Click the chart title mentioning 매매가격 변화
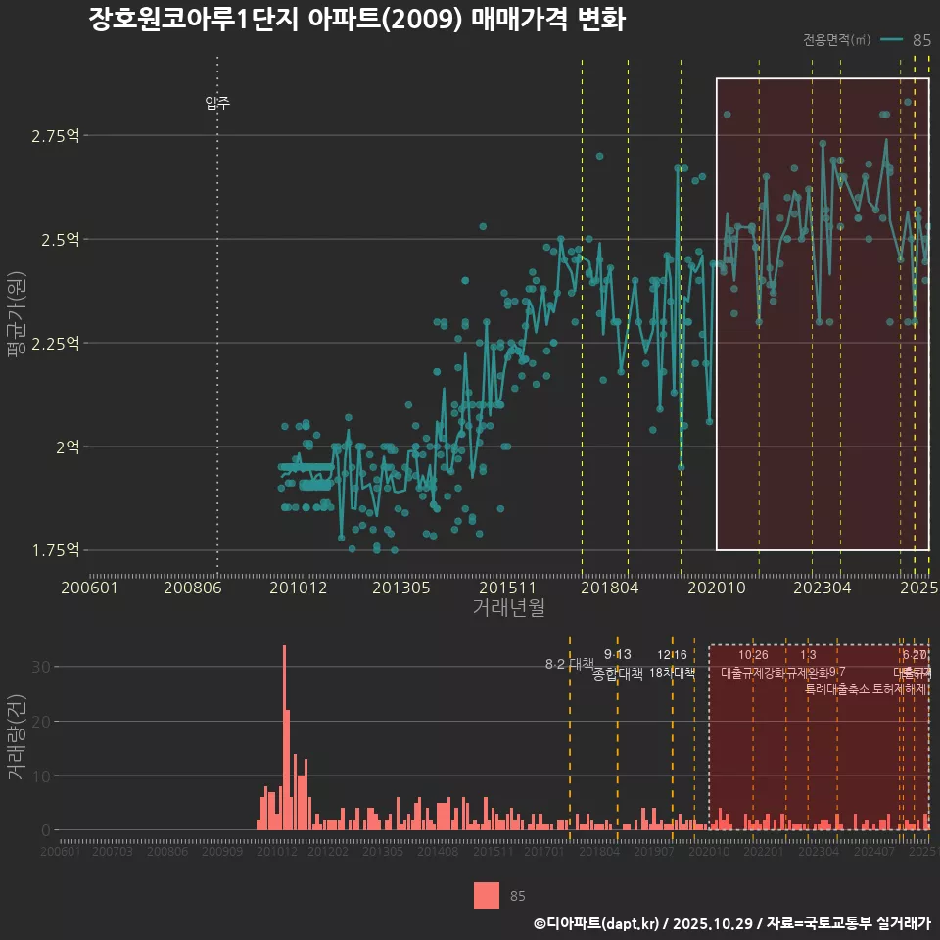click(356, 20)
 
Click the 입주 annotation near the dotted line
click(217, 103)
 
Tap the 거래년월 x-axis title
click(508, 608)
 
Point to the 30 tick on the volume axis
click(39, 667)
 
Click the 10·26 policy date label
click(753, 655)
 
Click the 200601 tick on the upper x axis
click(90, 588)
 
